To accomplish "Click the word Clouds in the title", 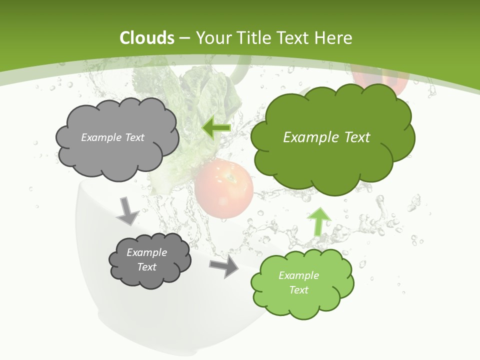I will tap(147, 38).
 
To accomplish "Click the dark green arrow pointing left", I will tap(216, 128).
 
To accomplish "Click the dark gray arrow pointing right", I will tap(224, 266).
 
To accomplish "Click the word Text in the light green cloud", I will tap(298, 290).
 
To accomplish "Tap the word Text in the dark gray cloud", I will tap(146, 267).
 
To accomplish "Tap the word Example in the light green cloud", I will tap(298, 275).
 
